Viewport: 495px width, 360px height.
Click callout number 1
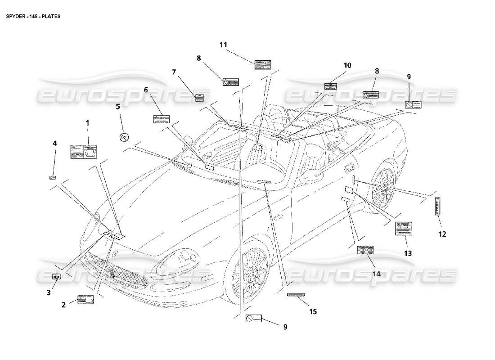click(x=87, y=122)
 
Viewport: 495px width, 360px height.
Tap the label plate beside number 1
click(x=84, y=152)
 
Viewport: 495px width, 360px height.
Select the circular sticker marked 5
click(x=125, y=137)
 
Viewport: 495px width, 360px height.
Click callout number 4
click(x=55, y=144)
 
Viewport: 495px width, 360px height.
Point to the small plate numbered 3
click(x=56, y=277)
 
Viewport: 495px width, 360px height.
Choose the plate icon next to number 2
click(x=85, y=300)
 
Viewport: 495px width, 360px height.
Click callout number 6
click(x=146, y=90)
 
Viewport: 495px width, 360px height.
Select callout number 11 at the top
click(x=224, y=45)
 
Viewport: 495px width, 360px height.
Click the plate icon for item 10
click(x=333, y=86)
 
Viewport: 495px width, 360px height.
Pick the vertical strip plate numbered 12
click(x=437, y=207)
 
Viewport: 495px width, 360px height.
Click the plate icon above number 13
click(x=404, y=228)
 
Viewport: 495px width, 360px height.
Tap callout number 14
click(x=376, y=273)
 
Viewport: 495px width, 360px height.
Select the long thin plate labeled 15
click(x=296, y=295)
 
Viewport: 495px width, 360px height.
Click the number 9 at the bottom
click(x=285, y=327)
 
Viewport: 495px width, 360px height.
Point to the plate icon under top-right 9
click(x=413, y=105)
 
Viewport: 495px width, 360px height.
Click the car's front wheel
click(x=250, y=274)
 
